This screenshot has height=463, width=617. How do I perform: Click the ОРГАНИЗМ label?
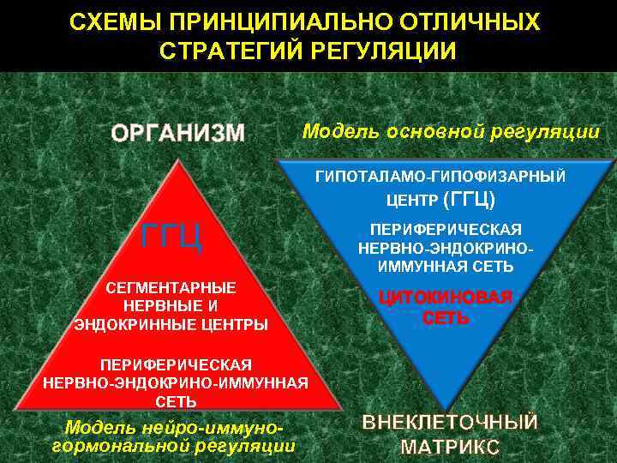pos(178,133)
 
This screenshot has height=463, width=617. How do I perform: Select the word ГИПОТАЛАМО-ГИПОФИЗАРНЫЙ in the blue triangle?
pos(441,177)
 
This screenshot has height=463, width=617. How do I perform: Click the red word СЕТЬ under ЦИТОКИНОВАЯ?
pos(446,318)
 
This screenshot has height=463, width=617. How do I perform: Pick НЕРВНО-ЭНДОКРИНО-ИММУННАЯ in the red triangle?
pos(175,382)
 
